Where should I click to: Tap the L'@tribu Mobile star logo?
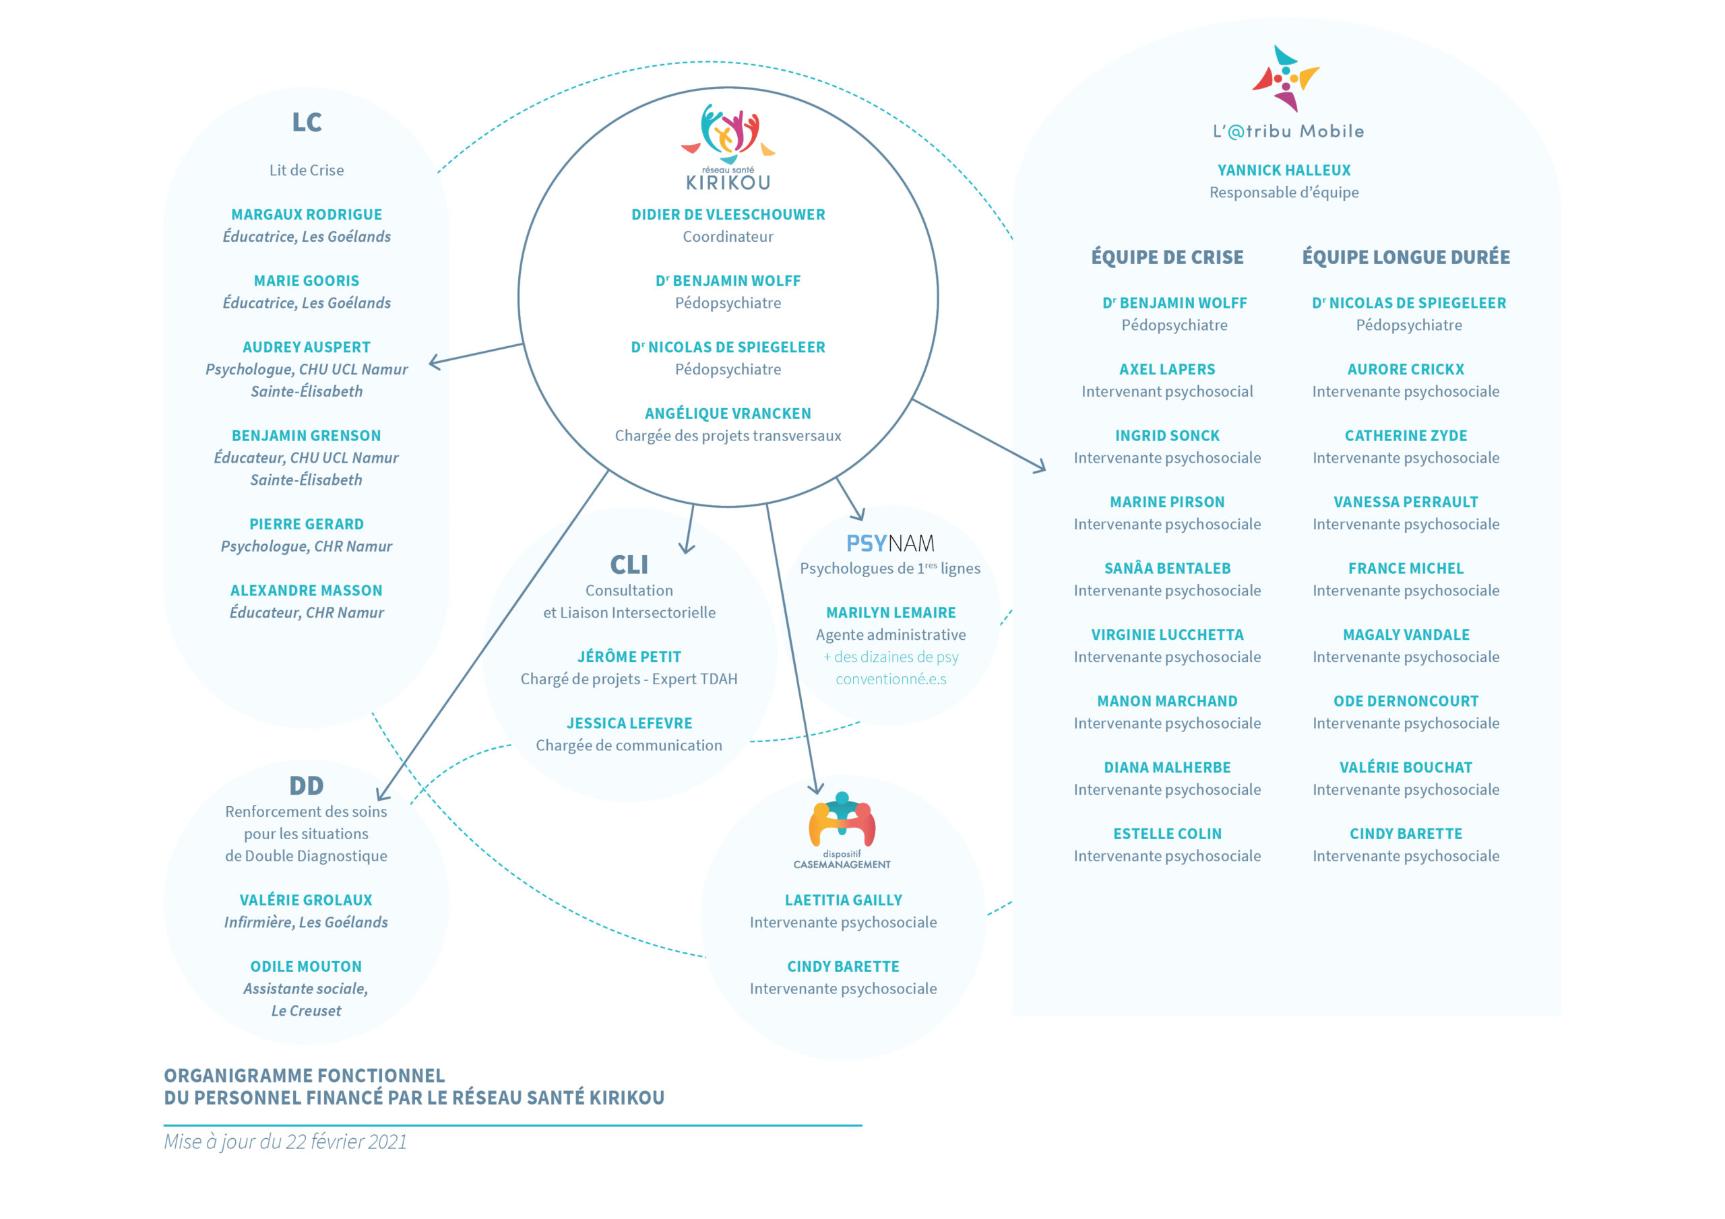click(x=1286, y=78)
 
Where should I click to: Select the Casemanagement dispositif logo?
click(x=842, y=830)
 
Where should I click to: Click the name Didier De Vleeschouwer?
click(x=728, y=215)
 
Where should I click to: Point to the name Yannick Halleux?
click(x=1284, y=170)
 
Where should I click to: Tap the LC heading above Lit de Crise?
click(x=307, y=123)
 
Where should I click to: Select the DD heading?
click(x=307, y=786)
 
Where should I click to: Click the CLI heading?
click(x=629, y=564)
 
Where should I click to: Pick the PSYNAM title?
click(x=890, y=543)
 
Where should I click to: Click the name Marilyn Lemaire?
click(x=891, y=613)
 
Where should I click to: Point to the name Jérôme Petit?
click(x=629, y=657)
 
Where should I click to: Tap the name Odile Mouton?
click(x=306, y=966)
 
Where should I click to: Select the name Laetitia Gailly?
click(x=843, y=900)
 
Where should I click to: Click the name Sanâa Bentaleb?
click(x=1168, y=568)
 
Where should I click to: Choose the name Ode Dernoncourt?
click(x=1406, y=702)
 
